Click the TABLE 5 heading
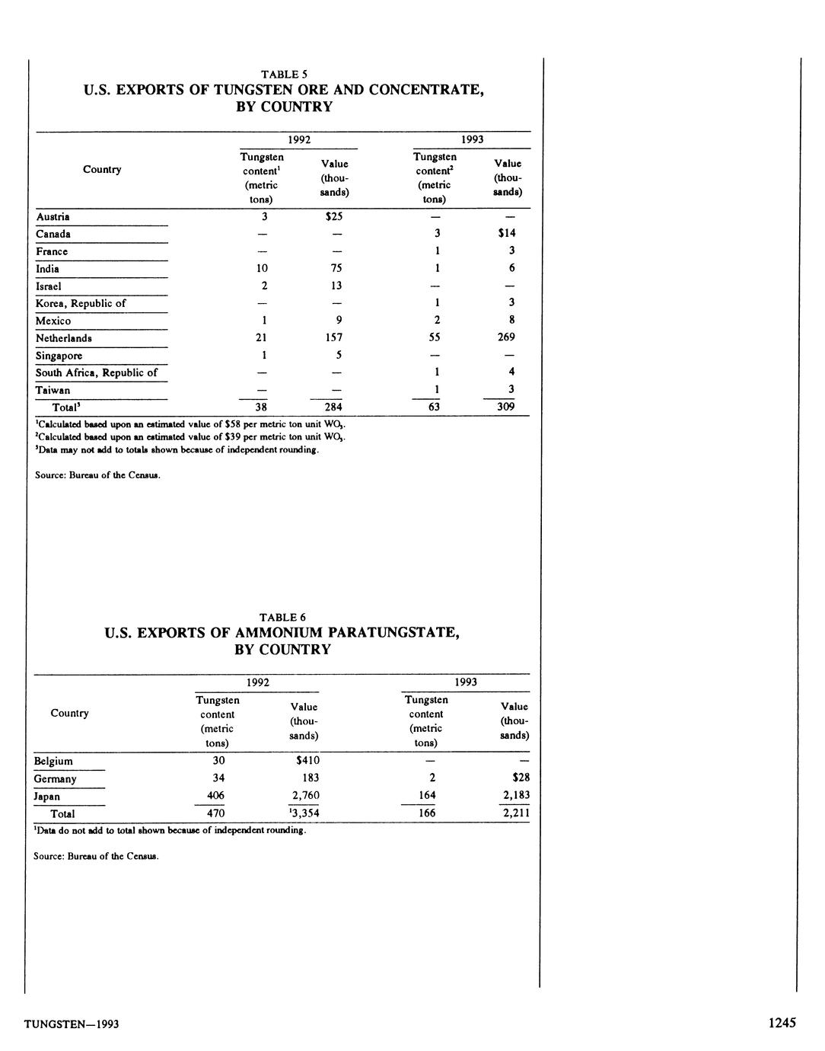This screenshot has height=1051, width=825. pyautogui.click(x=283, y=75)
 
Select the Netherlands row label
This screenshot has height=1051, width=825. pyautogui.click(x=64, y=338)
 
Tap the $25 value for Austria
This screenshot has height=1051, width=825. pyautogui.click(x=333, y=216)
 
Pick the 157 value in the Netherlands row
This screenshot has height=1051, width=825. pyautogui.click(x=333, y=337)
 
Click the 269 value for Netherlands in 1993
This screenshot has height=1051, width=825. pyautogui.click(x=506, y=337)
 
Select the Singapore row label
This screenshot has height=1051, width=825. pyautogui.click(x=59, y=356)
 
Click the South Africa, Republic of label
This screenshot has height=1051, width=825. pyautogui.click(x=97, y=372)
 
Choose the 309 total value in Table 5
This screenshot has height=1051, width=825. pyautogui.click(x=506, y=407)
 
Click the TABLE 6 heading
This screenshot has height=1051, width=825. pyautogui.click(x=282, y=618)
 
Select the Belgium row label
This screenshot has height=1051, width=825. pyautogui.click(x=53, y=761)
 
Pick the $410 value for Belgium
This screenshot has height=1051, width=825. pyautogui.click(x=307, y=760)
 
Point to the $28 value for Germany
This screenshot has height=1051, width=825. pyautogui.click(x=521, y=778)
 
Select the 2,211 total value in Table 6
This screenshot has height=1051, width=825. pyautogui.click(x=516, y=813)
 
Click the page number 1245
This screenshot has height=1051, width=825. pyautogui.click(x=782, y=1023)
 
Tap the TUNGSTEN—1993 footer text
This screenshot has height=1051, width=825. pyautogui.click(x=72, y=1024)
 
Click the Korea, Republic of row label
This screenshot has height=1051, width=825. pyautogui.click(x=81, y=303)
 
